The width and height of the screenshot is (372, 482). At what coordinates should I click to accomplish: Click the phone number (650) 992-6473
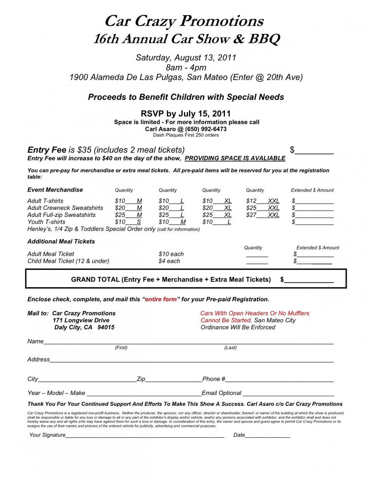click(x=206, y=129)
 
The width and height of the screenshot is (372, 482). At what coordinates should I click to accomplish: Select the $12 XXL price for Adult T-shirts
click(x=262, y=201)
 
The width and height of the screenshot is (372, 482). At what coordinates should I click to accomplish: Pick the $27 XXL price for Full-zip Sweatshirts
click(x=262, y=215)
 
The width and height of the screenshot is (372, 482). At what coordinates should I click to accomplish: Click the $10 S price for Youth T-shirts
click(x=128, y=222)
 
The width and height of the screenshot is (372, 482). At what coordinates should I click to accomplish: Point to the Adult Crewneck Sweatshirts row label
click(x=65, y=208)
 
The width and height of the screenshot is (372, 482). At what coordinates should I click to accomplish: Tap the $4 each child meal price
click(x=169, y=261)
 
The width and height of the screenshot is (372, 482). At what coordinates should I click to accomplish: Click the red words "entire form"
click(x=161, y=300)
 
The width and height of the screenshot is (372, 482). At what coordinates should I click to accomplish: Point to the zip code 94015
click(x=106, y=327)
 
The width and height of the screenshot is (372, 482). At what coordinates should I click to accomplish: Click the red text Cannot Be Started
click(x=226, y=320)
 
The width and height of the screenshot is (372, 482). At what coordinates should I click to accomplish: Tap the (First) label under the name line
click(x=121, y=348)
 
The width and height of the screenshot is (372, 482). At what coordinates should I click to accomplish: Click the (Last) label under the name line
click(x=230, y=348)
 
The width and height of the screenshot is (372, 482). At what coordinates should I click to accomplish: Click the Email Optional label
click(x=222, y=393)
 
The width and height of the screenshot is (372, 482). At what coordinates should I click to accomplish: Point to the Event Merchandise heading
click(x=55, y=190)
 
